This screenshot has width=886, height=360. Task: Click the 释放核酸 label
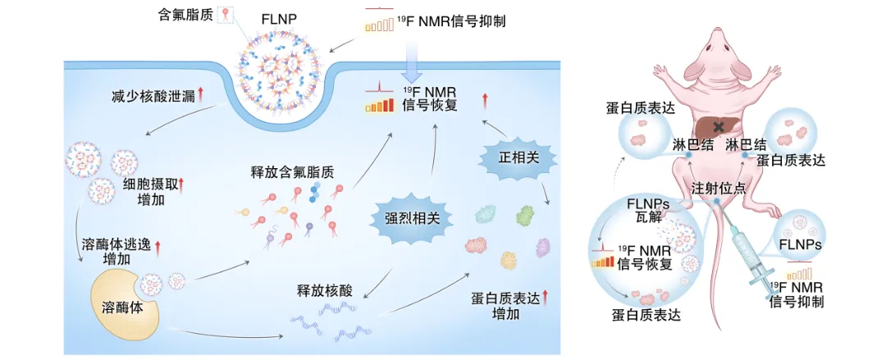point(325,291)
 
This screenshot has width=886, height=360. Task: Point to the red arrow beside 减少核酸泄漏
point(202,96)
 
